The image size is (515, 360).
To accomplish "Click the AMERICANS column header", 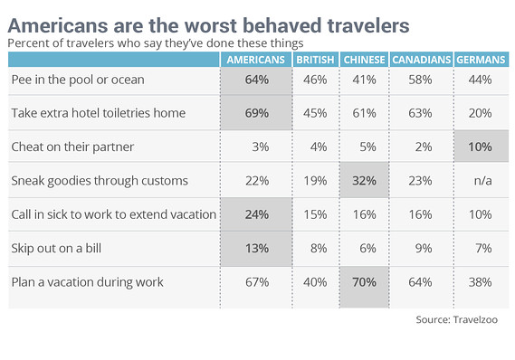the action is point(255,60).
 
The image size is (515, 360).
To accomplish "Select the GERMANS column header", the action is point(481,60).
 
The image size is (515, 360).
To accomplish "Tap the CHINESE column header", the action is point(364,60).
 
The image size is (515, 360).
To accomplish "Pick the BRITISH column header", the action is point(315,60).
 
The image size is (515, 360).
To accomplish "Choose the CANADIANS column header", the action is point(422,60).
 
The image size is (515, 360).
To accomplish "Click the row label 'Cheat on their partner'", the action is point(72,147).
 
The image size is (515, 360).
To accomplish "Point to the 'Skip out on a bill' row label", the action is point(56,248).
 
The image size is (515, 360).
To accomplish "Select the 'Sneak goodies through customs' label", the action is point(100,181).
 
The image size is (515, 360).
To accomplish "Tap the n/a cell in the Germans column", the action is point(482,181).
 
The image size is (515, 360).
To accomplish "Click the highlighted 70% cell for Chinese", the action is point(364,282).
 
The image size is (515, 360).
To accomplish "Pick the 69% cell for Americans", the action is point(257,113).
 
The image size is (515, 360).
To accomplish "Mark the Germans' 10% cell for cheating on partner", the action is point(480,147).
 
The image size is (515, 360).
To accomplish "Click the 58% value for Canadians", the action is point(420,80).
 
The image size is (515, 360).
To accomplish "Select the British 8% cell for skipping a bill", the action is point(319,248).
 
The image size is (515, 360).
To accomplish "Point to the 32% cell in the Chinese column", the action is point(364,181).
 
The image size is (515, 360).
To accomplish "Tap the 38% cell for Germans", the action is point(480,282).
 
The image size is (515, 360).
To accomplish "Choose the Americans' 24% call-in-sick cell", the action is point(257,214).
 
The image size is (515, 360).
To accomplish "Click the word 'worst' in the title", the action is point(210,25).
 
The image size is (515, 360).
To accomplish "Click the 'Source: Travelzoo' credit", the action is point(456,319).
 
